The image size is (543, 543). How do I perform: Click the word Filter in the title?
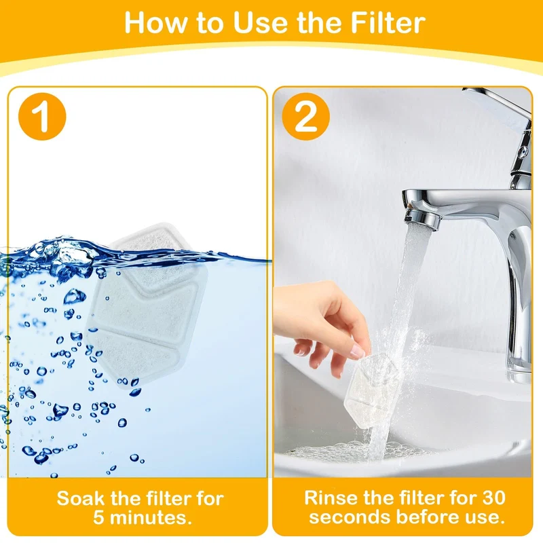point(388,23)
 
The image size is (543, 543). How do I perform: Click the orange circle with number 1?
point(42,116)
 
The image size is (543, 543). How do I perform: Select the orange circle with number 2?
point(306,116)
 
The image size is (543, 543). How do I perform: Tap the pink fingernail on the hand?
point(358,352)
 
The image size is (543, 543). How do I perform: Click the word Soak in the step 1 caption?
point(80,499)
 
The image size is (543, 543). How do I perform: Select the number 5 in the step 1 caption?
point(98,518)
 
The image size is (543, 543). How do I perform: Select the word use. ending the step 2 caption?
point(485,518)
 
